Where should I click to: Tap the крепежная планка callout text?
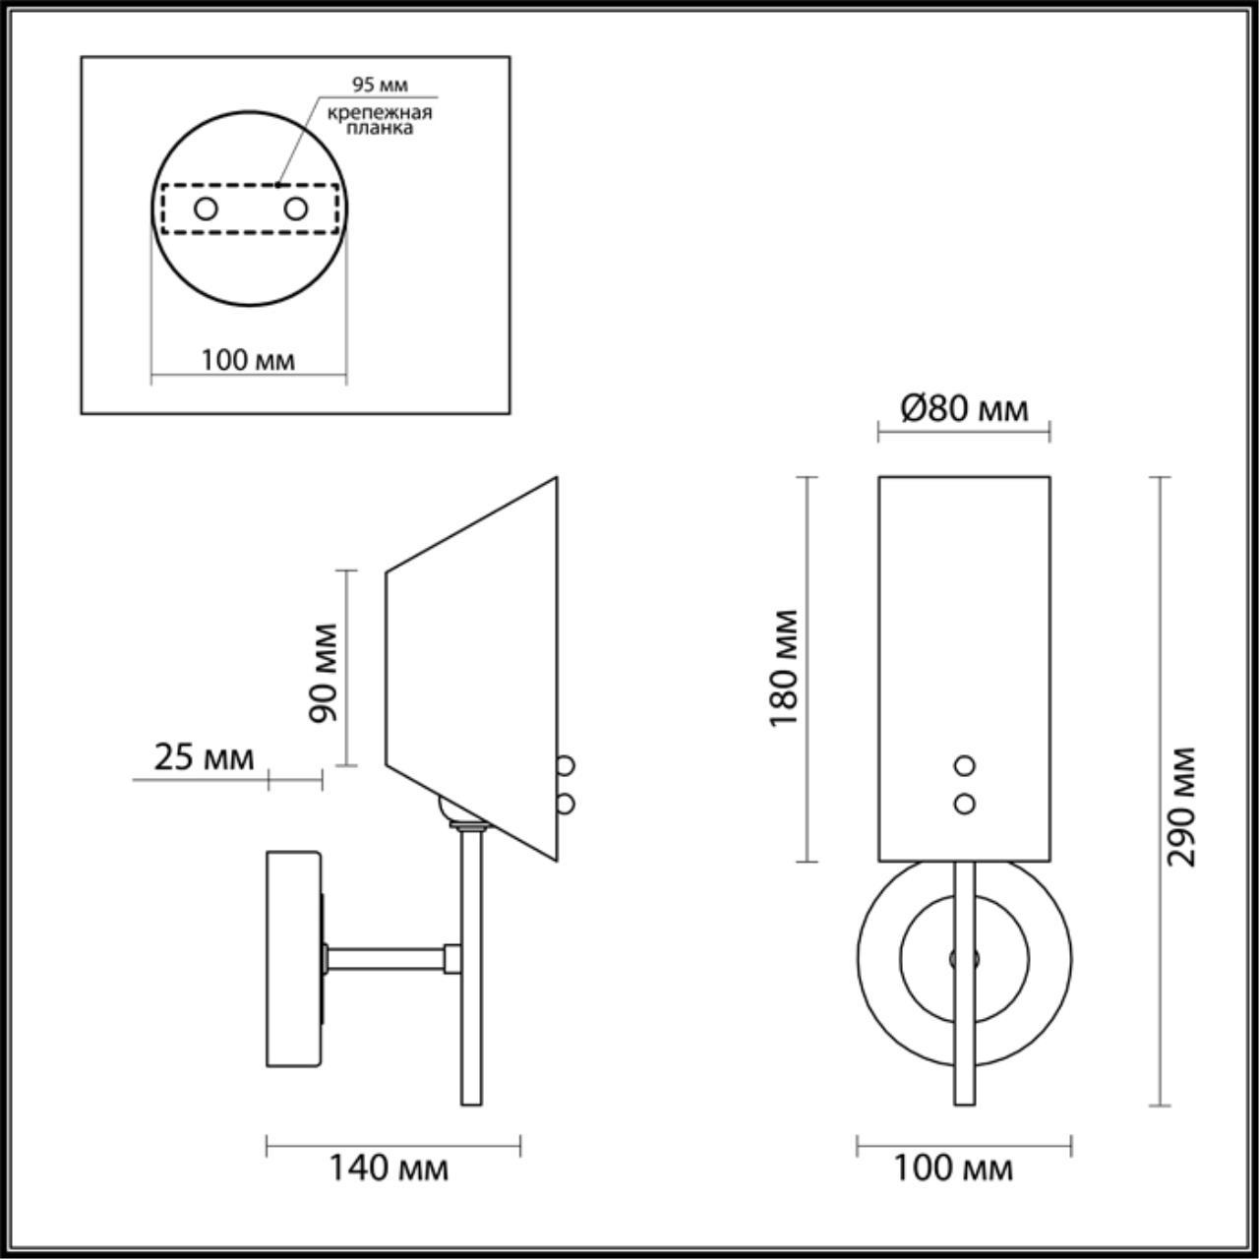click(x=380, y=120)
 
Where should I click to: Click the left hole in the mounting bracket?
click(x=206, y=209)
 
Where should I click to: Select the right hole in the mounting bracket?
click(x=295, y=209)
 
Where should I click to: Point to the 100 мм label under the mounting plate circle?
click(x=248, y=360)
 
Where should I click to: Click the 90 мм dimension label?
click(x=323, y=672)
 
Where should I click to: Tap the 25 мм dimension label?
click(x=204, y=757)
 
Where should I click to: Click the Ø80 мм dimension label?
click(x=964, y=407)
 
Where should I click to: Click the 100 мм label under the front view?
click(x=952, y=1168)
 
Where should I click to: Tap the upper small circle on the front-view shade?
click(x=965, y=765)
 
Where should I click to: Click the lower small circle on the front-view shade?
click(x=965, y=804)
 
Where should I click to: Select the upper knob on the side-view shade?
click(x=566, y=764)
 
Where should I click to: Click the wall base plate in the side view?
click(x=292, y=959)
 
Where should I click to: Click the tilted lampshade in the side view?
click(x=472, y=669)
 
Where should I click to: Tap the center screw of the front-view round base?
click(x=963, y=958)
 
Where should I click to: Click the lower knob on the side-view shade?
click(x=566, y=804)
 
